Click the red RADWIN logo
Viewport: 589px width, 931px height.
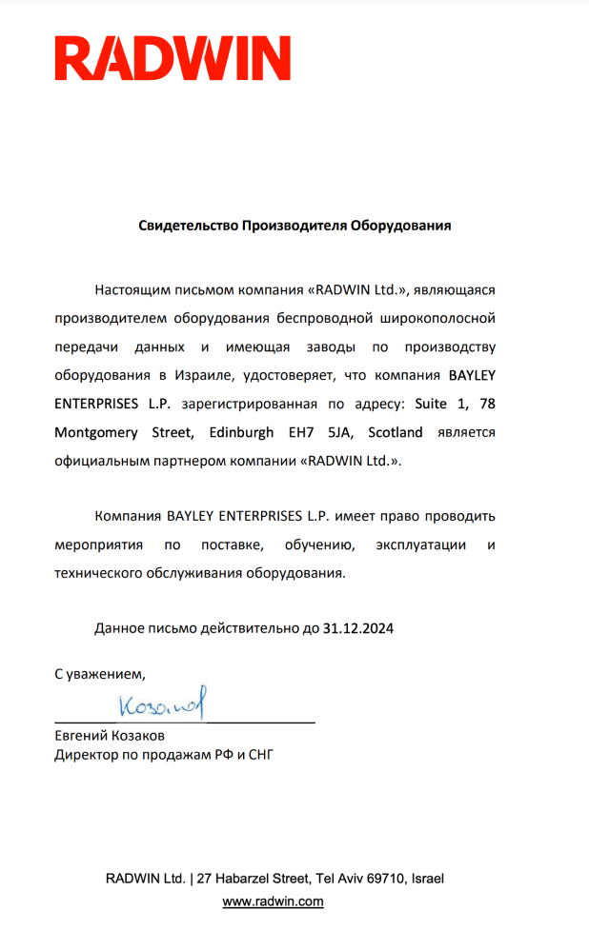coord(173,58)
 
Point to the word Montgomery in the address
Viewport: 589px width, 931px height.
coord(94,432)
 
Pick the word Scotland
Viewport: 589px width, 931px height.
coord(396,432)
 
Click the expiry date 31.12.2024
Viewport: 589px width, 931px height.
coord(358,628)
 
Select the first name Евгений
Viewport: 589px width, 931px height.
coord(80,737)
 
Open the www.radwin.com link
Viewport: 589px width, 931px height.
coord(273,901)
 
